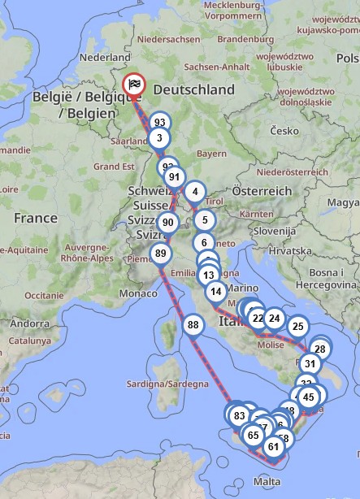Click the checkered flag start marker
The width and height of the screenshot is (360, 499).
pyautogui.click(x=133, y=85)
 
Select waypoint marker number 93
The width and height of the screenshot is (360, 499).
pyautogui.click(x=159, y=122)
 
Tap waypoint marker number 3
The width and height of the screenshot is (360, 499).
pyautogui.click(x=159, y=138)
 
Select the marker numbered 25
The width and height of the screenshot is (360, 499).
pyautogui.click(x=297, y=327)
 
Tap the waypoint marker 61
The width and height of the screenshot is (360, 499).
pyautogui.click(x=273, y=446)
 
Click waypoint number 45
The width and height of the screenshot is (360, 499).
pyautogui.click(x=308, y=397)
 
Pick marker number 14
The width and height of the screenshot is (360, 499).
pyautogui.click(x=215, y=292)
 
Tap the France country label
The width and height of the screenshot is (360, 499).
pyautogui.click(x=35, y=218)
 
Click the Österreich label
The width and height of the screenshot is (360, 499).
pyautogui.click(x=261, y=190)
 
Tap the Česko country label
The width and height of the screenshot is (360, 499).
pyautogui.click(x=284, y=130)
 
